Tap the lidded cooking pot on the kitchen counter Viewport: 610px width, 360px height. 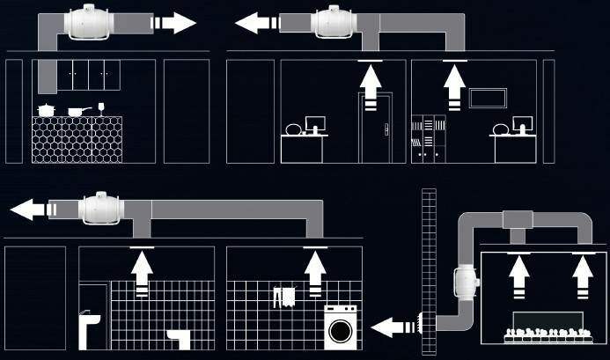click(x=45, y=110)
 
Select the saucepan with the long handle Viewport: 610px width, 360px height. click(x=77, y=111)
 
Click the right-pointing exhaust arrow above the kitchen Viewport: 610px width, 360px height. click(x=172, y=22)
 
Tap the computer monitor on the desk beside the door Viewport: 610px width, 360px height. click(x=314, y=123)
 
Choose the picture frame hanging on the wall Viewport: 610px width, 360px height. click(x=486, y=97)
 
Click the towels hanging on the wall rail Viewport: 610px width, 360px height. click(x=283, y=296)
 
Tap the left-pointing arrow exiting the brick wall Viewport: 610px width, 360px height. click(x=391, y=327)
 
